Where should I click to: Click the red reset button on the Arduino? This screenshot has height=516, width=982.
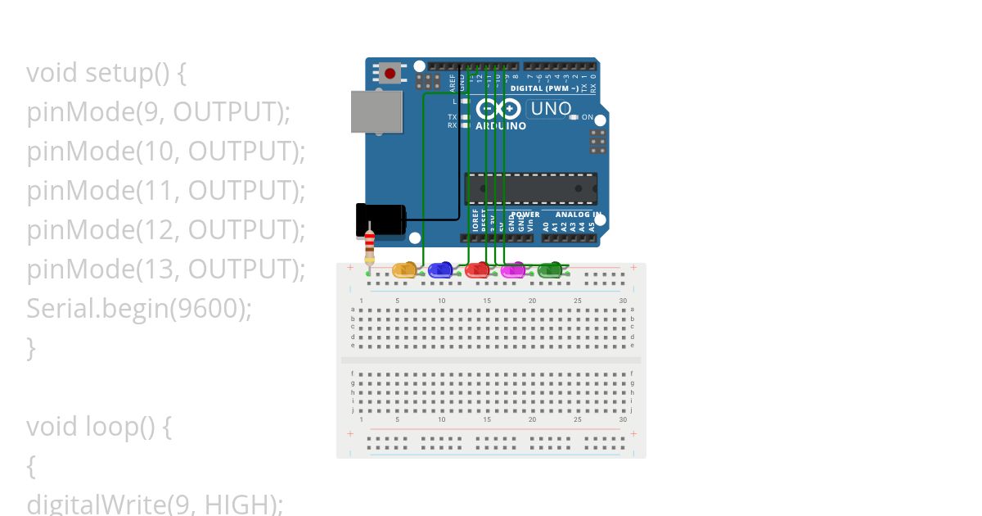coord(390,74)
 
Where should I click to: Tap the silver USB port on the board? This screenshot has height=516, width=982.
coord(376,111)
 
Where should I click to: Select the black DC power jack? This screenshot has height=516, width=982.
coord(381,220)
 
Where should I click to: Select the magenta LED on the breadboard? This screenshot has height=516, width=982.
coord(513,269)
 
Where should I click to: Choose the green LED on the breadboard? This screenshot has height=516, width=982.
coord(550,269)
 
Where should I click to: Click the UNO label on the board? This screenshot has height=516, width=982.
coord(551,109)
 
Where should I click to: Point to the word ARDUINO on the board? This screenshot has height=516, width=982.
coord(501,126)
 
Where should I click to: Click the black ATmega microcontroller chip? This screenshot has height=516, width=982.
coord(530,188)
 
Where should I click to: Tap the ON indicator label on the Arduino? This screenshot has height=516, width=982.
coord(587,117)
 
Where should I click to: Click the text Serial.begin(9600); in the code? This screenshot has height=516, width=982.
coord(139,309)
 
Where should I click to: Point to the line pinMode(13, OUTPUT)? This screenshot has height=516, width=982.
coord(165,269)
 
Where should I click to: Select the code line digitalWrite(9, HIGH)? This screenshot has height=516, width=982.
coord(155,503)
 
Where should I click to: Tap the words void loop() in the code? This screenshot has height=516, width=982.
coord(91,427)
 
